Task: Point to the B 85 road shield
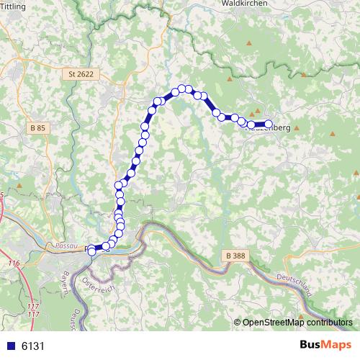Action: pos(37,127)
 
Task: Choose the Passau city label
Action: pos(66,246)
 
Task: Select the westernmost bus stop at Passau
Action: pos(91,250)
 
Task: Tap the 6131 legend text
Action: pos(32,346)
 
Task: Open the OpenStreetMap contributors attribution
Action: pos(297,323)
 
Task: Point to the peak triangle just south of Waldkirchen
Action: pos(249,42)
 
